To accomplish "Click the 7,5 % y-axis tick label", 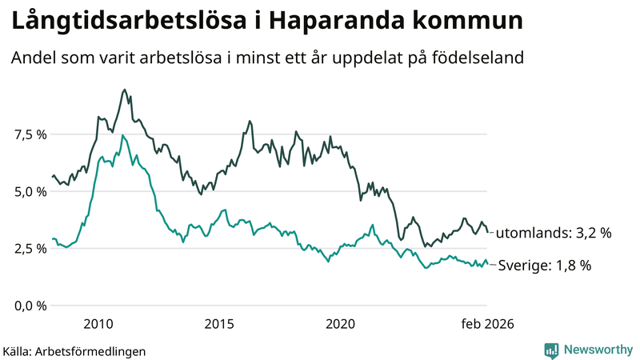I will click(x=30, y=134).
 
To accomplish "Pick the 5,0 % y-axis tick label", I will click(x=30, y=192).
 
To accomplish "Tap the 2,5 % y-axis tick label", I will click(x=30, y=249).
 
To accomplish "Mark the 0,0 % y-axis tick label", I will click(x=30, y=306).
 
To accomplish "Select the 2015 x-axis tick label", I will click(x=218, y=324).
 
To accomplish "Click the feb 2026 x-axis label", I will click(x=486, y=324).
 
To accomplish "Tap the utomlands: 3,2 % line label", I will click(x=554, y=234).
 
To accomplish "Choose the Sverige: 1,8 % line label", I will click(x=544, y=266).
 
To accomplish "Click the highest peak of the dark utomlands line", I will click(x=124, y=90).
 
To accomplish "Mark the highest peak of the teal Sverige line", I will click(x=122, y=135).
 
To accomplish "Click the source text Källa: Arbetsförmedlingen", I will click(x=74, y=350).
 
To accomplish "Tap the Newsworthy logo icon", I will click(x=551, y=350).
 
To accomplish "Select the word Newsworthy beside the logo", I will click(x=597, y=350).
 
